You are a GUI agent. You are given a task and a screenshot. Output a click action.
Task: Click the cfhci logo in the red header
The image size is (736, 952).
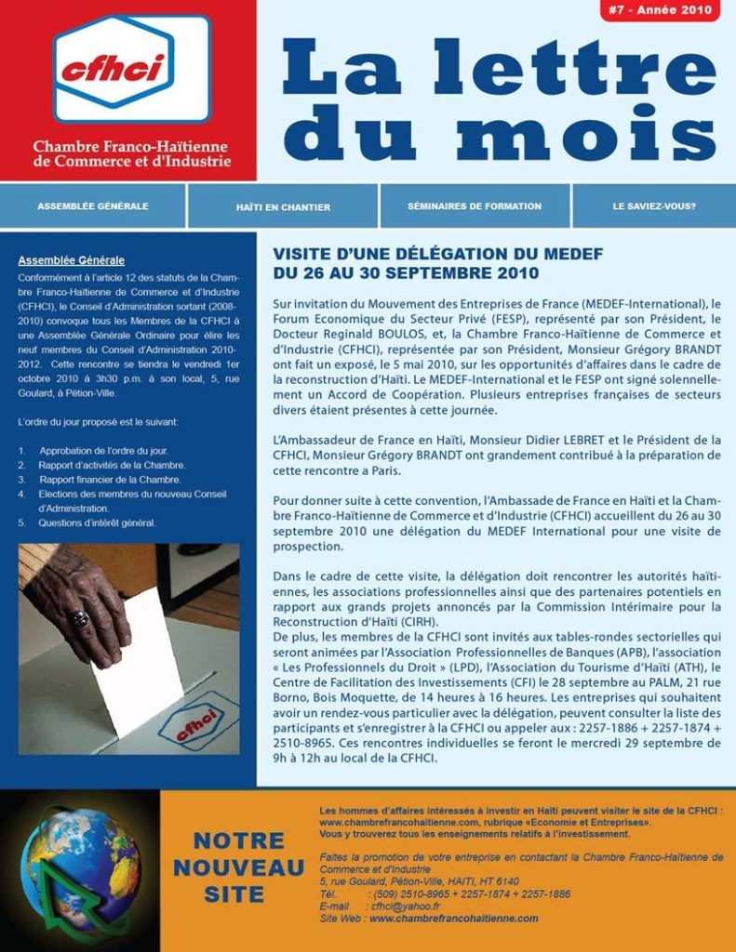click(131, 68)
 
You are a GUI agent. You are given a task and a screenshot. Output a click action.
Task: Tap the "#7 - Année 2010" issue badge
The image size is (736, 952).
click(660, 11)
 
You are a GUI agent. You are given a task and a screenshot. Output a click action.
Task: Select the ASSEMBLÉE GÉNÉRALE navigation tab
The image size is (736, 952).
click(93, 206)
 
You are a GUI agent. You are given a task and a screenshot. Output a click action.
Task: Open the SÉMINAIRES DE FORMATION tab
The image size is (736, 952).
click(475, 206)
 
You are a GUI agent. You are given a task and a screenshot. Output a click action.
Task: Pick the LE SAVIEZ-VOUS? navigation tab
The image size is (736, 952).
click(654, 206)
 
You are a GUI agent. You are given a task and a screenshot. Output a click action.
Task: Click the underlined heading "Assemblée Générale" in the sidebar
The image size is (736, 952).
click(72, 260)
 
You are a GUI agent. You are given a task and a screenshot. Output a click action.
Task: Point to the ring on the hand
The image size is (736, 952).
click(81, 617)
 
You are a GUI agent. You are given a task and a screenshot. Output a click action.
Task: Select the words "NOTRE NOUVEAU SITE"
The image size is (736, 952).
click(238, 867)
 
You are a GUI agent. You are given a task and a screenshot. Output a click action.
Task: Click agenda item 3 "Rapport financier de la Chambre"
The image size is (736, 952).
click(110, 480)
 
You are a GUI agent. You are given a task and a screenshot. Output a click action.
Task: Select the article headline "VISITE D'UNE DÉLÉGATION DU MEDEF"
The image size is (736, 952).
click(438, 254)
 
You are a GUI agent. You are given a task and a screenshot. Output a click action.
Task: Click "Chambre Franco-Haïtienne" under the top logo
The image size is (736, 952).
click(130, 147)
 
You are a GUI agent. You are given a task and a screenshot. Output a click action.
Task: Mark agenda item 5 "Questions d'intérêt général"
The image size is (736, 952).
click(97, 523)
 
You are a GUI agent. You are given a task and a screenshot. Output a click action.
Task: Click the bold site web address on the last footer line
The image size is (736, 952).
click(454, 919)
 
